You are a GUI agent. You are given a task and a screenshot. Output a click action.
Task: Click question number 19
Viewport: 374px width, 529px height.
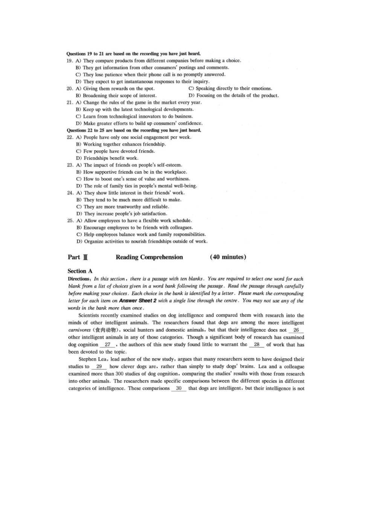69,61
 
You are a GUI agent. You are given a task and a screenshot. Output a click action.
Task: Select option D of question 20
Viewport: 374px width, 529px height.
234,96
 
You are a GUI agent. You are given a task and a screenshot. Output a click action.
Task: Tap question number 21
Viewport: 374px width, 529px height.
69,102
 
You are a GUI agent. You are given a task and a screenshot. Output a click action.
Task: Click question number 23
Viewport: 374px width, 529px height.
70,165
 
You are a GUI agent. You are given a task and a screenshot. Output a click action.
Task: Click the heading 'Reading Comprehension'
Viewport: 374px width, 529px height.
149,257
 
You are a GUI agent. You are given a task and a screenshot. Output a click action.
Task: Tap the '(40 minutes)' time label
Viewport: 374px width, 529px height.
228,257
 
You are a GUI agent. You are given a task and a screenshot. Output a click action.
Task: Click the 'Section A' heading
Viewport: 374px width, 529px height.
80,271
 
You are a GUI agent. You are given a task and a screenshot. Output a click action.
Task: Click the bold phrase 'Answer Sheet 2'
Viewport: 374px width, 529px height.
137,301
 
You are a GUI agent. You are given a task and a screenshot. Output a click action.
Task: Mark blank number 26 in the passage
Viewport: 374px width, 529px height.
296,330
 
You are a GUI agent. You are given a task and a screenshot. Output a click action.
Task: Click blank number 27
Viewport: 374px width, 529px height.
108,345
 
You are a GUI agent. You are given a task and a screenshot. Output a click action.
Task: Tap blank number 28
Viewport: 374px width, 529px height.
256,345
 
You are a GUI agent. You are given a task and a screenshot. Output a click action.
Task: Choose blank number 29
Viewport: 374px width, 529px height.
99,367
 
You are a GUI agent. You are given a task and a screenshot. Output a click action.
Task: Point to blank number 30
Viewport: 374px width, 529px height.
179,388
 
